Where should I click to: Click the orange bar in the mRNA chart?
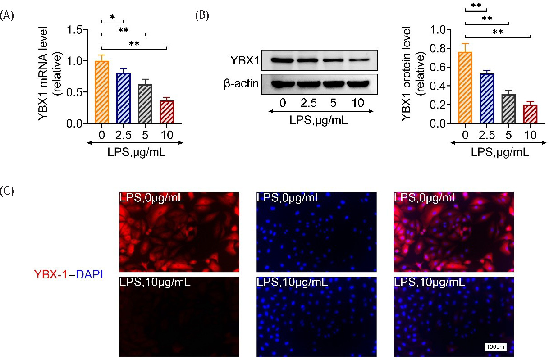click(102, 92)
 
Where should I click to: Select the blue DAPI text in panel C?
click(89, 273)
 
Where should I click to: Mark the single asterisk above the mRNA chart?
click(112, 17)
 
